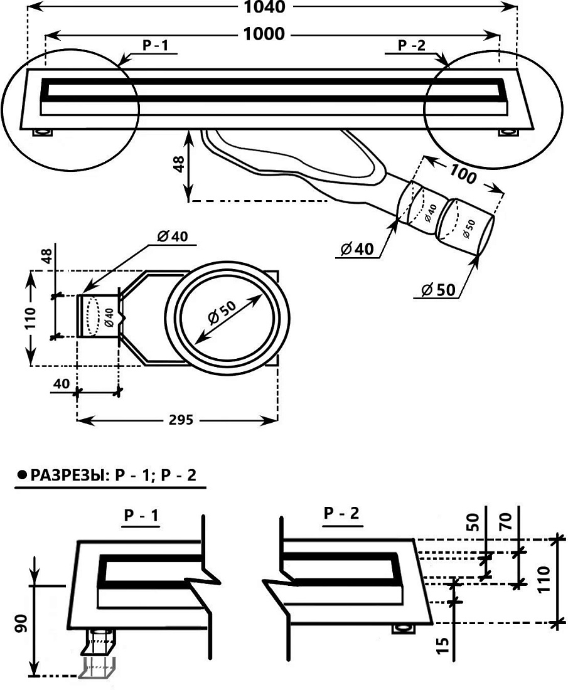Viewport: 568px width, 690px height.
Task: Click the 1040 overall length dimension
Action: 265,6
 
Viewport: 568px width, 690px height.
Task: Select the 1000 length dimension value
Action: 264,34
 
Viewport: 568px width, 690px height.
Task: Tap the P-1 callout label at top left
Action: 156,45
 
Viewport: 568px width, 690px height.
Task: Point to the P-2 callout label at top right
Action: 412,45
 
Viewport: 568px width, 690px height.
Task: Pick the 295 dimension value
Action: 181,420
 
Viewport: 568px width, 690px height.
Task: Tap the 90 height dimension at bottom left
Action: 21,623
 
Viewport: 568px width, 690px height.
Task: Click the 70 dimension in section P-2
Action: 506,521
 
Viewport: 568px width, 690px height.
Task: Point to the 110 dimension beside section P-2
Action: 544,579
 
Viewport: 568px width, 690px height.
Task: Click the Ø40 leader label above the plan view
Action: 172,236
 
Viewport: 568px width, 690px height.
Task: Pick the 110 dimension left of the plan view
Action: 30,319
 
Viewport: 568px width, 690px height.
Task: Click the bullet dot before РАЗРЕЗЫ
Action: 21,475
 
